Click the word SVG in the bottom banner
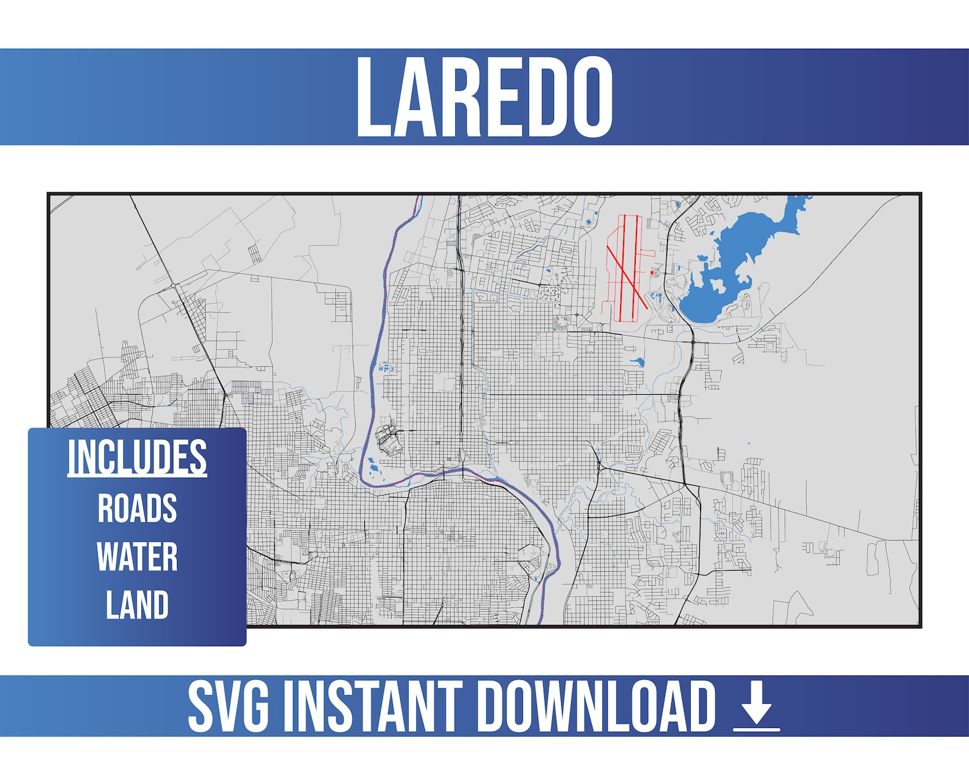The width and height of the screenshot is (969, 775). coord(228,706)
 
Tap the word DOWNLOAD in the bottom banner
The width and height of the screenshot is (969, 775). coord(595,706)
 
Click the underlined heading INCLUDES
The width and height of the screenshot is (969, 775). coord(137,456)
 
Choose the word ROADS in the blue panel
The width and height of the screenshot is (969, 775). coord(137,508)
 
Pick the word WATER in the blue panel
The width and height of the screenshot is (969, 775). coord(137,557)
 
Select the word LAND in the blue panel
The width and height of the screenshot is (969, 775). coord(137,605)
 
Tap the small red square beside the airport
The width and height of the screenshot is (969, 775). coord(652,273)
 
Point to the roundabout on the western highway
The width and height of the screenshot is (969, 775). coord(173,286)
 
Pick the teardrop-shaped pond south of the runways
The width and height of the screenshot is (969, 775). coord(638,362)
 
